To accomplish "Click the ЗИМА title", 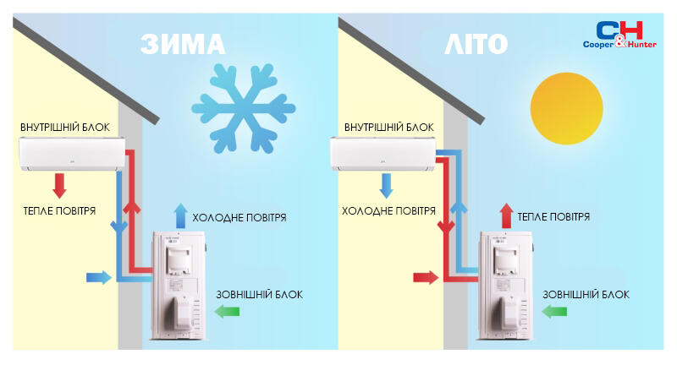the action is [183, 44].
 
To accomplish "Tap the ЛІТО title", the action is [476, 44].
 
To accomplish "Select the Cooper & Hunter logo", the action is [619, 35].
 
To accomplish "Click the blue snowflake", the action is [244, 108].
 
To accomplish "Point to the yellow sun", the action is [566, 108].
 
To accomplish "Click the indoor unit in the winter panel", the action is [73, 154].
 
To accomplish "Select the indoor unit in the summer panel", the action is [383, 154].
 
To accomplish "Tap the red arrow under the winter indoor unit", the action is [59, 186].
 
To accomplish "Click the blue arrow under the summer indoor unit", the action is [386, 186].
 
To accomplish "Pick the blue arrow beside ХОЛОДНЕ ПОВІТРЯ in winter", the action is [180, 215].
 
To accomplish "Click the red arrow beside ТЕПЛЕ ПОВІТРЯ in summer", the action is [506, 215].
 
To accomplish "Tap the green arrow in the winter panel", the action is [227, 311].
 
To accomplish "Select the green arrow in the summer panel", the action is [554, 311].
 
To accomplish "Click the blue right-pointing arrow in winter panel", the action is [99, 277].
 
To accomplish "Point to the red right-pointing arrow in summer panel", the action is [426, 277].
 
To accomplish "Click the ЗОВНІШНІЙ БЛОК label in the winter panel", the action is [260, 295].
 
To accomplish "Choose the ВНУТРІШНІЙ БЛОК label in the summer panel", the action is [388, 128].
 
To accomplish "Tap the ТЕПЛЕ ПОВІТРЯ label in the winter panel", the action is [59, 210].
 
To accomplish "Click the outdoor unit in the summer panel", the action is [506, 286].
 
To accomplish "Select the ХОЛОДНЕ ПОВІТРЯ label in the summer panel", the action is [388, 210].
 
